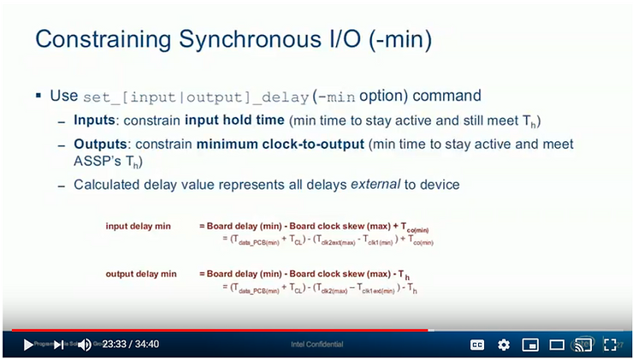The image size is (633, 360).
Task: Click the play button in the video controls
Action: point(28,345)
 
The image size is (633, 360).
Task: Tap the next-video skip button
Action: point(58,345)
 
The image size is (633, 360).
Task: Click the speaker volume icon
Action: point(85,345)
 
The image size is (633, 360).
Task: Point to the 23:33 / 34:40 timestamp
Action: point(130,345)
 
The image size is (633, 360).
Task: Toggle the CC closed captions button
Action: point(477,345)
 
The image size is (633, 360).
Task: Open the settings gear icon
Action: point(504,345)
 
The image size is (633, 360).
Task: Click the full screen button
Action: point(610,345)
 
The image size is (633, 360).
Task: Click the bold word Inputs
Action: point(94,120)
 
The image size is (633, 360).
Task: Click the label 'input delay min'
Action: point(138,226)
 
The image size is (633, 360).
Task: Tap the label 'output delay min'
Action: point(141,274)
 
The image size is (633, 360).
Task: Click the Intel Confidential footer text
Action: point(317,345)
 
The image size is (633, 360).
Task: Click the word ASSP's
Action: point(95,160)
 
